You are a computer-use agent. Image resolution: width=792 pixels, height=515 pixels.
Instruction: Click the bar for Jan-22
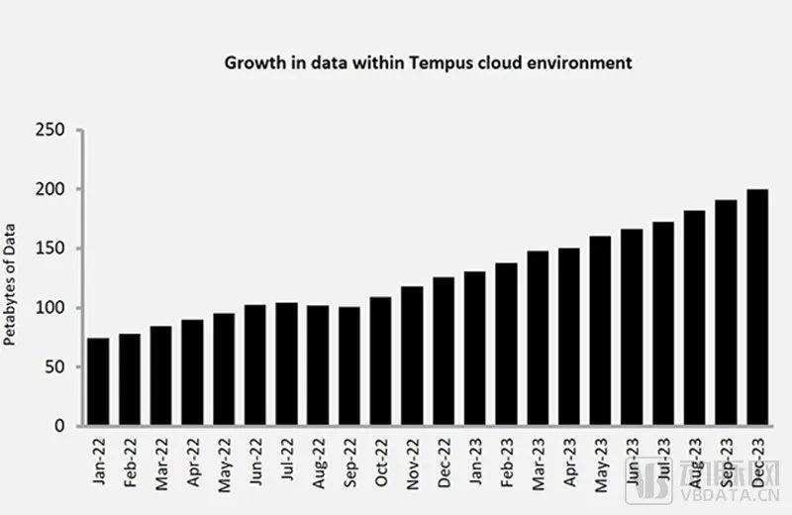click(x=99, y=382)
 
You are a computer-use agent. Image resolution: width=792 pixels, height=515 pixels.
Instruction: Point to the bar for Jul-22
click(x=287, y=364)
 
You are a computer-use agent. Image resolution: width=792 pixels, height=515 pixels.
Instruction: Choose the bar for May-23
click(x=601, y=331)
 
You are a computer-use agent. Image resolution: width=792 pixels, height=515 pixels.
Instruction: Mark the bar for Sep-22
click(x=349, y=366)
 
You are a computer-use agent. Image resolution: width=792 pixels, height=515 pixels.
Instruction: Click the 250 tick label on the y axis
click(x=50, y=130)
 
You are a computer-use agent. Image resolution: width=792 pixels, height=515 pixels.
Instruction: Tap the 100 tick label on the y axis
click(x=50, y=308)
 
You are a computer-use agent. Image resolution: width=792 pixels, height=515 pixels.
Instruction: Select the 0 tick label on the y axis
click(x=60, y=427)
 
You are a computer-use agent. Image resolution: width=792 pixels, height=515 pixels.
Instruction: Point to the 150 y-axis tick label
click(x=50, y=249)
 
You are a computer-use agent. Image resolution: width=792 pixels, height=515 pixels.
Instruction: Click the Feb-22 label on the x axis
click(x=131, y=463)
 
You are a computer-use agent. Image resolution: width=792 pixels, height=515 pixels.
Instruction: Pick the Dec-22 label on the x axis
click(x=445, y=463)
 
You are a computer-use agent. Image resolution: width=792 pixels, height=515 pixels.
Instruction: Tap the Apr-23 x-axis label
click(x=569, y=463)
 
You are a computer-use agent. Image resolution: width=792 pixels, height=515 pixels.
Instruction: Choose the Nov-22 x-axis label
click(x=413, y=463)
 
